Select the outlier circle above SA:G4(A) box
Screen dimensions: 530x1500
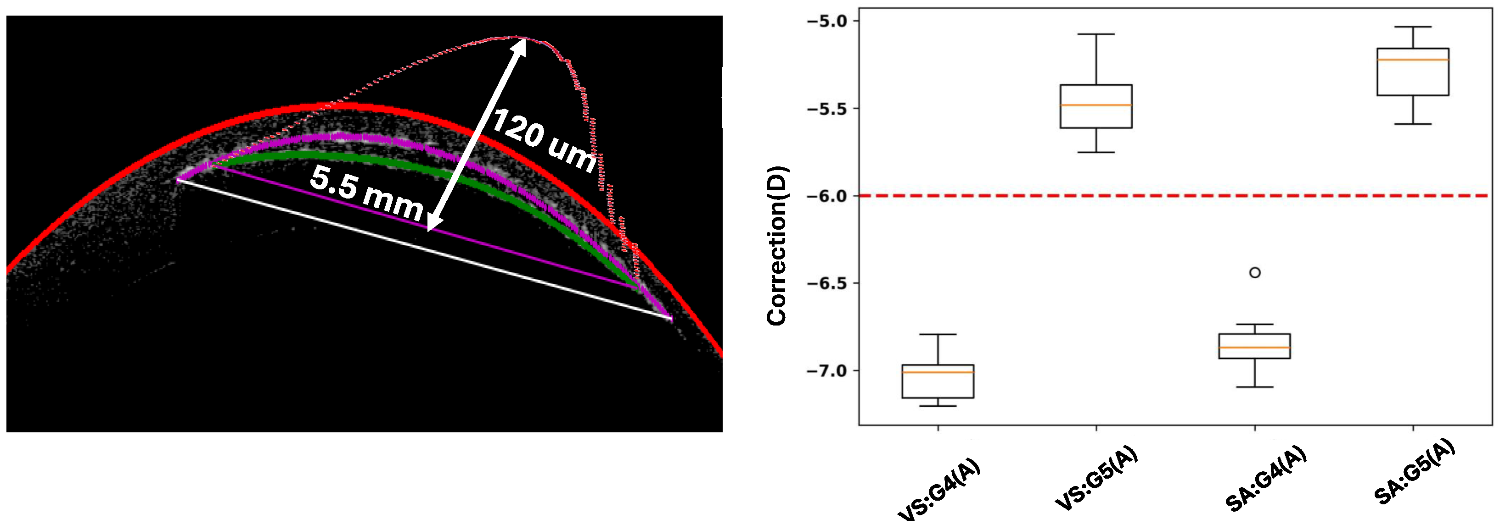[x=1255, y=272]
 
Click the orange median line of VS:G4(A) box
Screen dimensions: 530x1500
[x=938, y=372]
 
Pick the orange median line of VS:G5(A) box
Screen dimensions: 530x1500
[x=1096, y=105]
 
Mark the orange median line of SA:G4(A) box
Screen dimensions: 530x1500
[x=1255, y=348]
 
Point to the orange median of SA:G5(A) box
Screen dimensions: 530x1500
[x=1413, y=60]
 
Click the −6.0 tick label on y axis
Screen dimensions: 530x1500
[x=826, y=196]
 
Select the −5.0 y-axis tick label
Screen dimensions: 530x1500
[x=826, y=22]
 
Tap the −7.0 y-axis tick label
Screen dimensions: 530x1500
[x=826, y=370]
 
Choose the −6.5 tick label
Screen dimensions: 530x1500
[x=826, y=283]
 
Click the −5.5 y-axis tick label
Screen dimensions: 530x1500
[x=826, y=109]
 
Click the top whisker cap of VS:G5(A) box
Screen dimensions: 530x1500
[x=1096, y=34]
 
